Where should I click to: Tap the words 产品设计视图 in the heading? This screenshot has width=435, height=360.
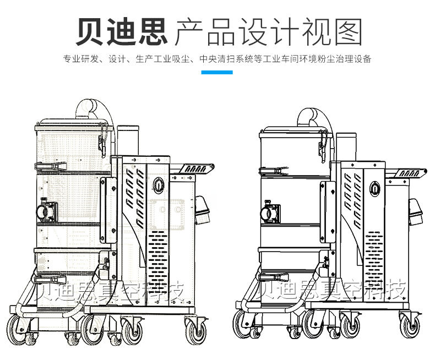coord(268,31)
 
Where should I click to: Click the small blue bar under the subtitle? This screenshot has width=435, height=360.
coord(218,73)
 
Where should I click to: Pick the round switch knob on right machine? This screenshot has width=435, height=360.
coord(375,188)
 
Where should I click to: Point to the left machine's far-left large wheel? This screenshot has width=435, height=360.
coord(18,328)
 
